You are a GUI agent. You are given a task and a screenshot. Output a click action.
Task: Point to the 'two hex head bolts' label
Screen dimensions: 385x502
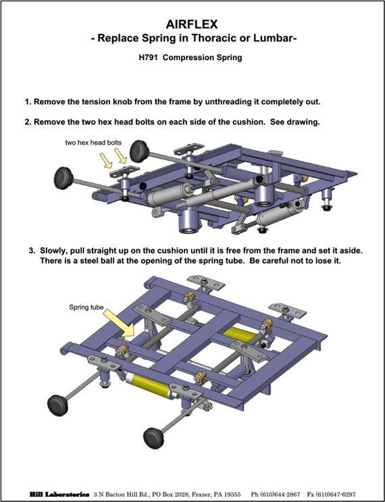coord(93,143)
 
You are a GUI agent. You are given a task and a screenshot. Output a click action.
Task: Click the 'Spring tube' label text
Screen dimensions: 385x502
coord(86,307)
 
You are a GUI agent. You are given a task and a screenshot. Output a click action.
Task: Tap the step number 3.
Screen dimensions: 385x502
coord(32,251)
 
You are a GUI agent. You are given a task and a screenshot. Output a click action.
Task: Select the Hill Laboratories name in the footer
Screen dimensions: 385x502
coord(59,495)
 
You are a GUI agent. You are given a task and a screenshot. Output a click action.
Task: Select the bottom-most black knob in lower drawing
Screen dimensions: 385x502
coord(154,438)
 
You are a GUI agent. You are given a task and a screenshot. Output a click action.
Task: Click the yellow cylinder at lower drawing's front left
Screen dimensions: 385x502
coord(148,385)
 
